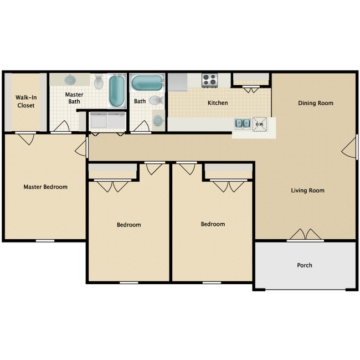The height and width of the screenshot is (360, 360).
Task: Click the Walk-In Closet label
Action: pos(25,101)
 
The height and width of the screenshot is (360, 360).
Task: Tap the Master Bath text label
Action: pos(74,98)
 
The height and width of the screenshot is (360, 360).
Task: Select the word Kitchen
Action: pos(218,103)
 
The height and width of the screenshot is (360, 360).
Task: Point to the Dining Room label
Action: pos(316,103)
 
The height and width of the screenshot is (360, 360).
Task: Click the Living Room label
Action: pos(307,191)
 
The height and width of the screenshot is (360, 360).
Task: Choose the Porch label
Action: pos(305,265)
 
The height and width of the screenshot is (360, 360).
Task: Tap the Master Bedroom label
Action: pos(45,187)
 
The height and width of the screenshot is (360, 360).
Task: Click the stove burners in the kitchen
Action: pos(210,80)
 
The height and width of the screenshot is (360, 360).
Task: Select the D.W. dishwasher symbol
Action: pos(260,124)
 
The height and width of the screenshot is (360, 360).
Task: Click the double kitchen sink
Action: pos(242,124)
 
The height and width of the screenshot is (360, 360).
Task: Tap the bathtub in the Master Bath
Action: pos(117,91)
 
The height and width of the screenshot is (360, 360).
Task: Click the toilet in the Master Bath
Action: pos(99,82)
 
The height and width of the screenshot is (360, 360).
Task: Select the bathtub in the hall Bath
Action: pos(147,84)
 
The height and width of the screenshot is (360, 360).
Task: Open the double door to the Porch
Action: pos(305,235)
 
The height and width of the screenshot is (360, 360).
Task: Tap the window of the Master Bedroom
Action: pos(45,240)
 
